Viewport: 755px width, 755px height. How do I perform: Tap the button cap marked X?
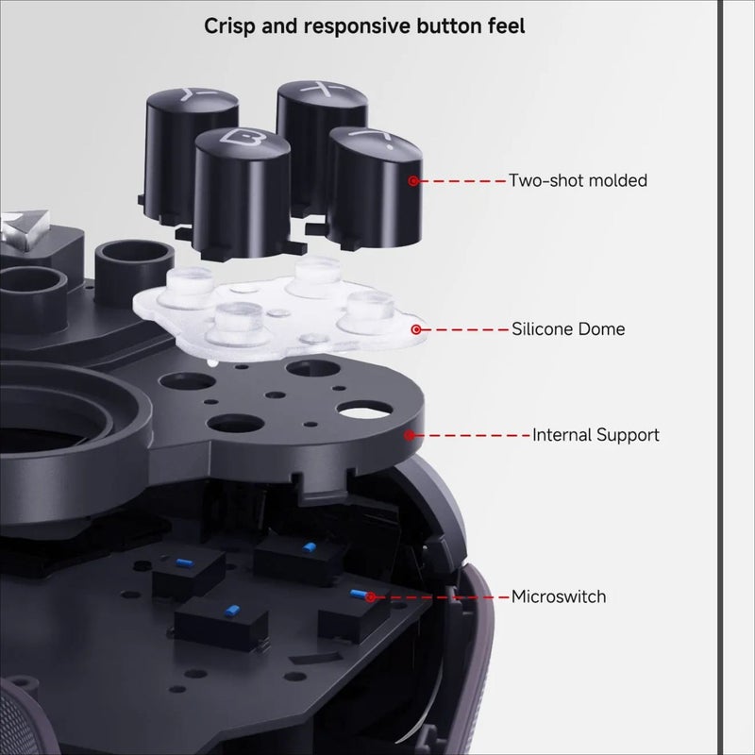coord(322,144)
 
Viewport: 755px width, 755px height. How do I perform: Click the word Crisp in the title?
coord(229,26)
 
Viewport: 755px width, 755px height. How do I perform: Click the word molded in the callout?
coord(618,180)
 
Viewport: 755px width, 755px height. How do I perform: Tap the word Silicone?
coord(542,328)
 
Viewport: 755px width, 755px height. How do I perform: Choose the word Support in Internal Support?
coord(628,435)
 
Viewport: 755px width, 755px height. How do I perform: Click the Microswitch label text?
coord(559,596)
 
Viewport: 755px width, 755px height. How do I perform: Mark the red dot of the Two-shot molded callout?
coord(413,181)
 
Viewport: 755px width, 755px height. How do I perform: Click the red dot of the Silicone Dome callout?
coord(416,329)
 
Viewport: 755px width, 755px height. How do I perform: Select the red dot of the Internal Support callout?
coord(410,435)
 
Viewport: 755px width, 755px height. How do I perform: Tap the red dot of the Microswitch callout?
coord(370,597)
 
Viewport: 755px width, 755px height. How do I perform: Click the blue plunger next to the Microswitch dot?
coord(358,595)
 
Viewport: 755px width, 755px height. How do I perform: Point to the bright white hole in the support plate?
coord(364,411)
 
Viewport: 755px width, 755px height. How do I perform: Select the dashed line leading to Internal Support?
coord(471,435)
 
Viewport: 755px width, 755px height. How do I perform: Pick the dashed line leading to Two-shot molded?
coord(461,181)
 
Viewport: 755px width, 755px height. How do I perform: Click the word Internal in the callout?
coord(562,435)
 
